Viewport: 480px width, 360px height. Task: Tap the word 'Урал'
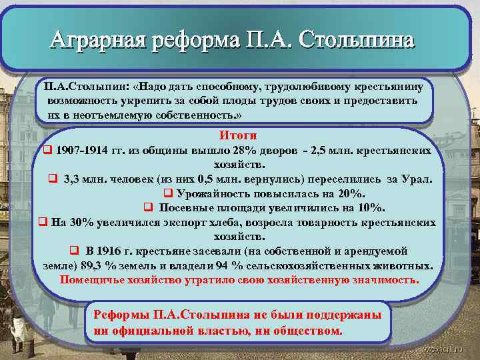click(x=417, y=179)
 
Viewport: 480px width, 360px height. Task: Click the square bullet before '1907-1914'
click(x=47, y=151)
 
